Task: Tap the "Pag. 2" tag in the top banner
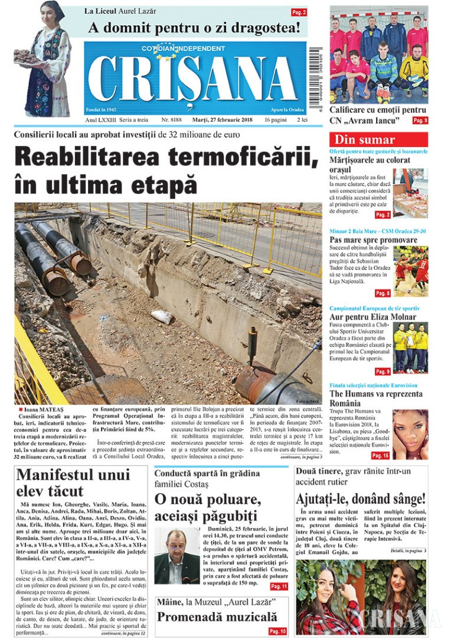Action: pyautogui.click(x=299, y=12)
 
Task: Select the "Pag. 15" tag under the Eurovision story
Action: pyautogui.click(x=380, y=455)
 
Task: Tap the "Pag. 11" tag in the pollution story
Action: pyautogui.click(x=278, y=587)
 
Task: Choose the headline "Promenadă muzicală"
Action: pyautogui.click(x=217, y=617)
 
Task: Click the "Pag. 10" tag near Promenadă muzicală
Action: pyautogui.click(x=278, y=632)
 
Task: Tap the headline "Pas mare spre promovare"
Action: pyautogui.click(x=373, y=240)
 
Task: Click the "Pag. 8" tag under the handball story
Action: pyautogui.click(x=383, y=293)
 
